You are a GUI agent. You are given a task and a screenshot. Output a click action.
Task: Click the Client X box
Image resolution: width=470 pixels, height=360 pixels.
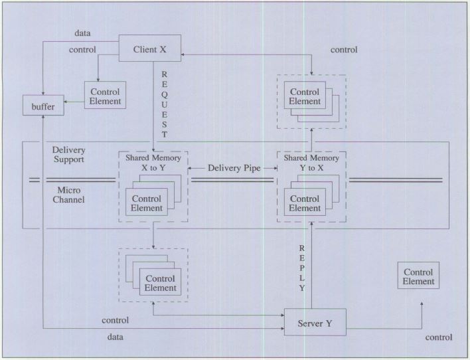[x=149, y=48]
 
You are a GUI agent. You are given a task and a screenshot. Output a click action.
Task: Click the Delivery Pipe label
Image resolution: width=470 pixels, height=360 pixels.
[x=232, y=168]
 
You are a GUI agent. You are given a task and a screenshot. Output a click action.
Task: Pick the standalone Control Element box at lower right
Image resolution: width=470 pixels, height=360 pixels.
[x=418, y=276]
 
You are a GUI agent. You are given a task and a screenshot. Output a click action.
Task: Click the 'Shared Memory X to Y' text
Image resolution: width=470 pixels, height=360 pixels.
[x=152, y=163]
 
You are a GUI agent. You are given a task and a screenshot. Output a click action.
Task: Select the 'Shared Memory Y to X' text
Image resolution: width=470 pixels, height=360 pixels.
[x=311, y=163]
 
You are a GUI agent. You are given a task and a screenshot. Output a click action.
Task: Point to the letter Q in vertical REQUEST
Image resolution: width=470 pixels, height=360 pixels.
[x=164, y=94]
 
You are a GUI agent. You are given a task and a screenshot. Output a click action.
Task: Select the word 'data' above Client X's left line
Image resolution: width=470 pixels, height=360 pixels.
[x=83, y=32]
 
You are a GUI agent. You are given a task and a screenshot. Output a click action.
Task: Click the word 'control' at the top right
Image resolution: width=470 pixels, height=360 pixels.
[x=343, y=50]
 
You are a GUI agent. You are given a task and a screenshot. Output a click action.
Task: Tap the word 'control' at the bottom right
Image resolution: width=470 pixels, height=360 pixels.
[x=439, y=337]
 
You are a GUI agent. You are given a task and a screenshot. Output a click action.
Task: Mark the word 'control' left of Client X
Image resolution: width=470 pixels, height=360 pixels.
[x=82, y=49]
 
